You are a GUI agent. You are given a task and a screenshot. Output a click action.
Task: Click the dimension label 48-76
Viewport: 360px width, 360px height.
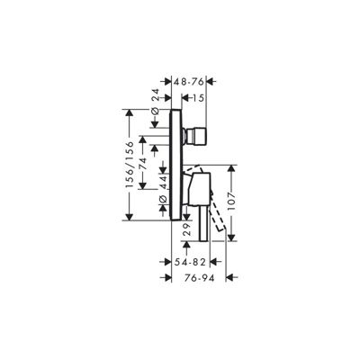click(x=189, y=81)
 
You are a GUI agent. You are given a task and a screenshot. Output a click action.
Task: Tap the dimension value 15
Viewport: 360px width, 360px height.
click(x=197, y=98)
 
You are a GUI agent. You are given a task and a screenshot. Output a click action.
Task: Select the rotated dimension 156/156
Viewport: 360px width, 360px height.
click(x=130, y=165)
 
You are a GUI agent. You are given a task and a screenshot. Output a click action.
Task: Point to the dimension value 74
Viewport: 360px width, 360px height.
click(x=142, y=164)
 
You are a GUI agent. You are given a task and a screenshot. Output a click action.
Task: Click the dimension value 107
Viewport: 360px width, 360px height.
click(x=231, y=203)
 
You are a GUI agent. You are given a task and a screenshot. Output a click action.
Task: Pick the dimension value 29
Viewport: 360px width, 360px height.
click(x=186, y=229)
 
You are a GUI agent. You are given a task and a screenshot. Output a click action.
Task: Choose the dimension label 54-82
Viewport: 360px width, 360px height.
click(x=190, y=262)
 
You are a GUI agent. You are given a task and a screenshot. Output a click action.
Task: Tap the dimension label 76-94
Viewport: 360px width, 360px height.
click(x=200, y=278)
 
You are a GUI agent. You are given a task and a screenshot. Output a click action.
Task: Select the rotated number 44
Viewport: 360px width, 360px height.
click(x=163, y=183)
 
